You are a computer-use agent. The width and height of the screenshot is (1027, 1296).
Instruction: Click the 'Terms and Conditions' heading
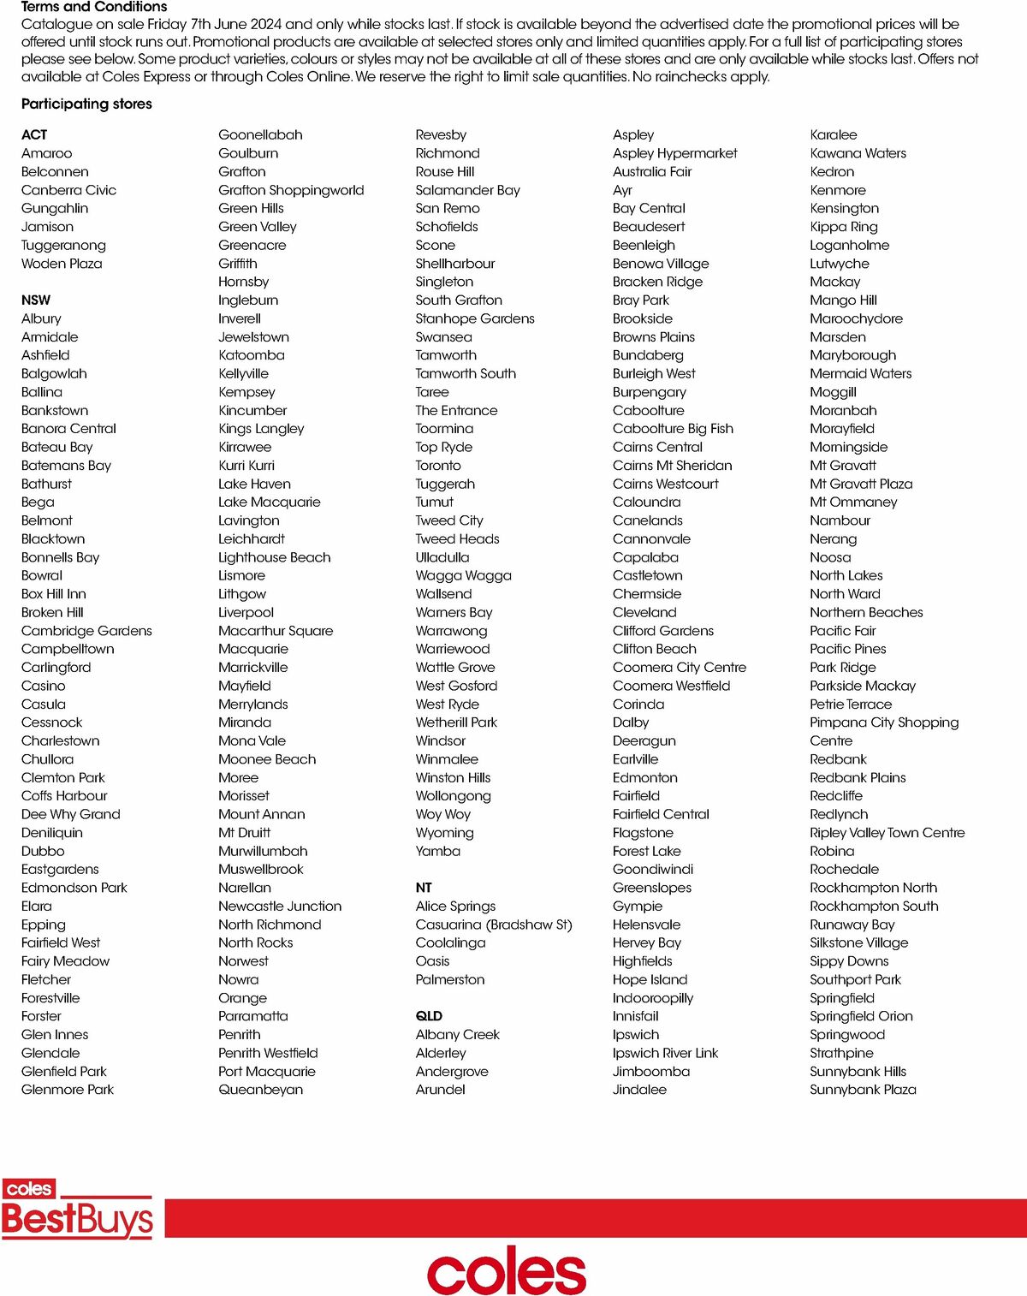pyautogui.click(x=94, y=7)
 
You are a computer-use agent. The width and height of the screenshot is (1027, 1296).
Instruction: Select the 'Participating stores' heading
pyautogui.click(x=86, y=104)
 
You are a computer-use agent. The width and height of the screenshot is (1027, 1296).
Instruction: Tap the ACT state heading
pyautogui.click(x=34, y=134)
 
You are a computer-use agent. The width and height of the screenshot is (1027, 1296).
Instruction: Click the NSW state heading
pyautogui.click(x=36, y=300)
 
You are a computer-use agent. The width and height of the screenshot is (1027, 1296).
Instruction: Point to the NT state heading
pyautogui.click(x=424, y=888)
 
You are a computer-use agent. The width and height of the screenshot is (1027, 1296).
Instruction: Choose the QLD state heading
pyautogui.click(x=429, y=1016)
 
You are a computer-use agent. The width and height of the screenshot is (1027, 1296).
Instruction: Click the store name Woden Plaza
pyautogui.click(x=62, y=264)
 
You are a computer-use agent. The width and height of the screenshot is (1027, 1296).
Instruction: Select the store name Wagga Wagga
pyautogui.click(x=463, y=575)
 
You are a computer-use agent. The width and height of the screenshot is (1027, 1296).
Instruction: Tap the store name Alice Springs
pyautogui.click(x=455, y=906)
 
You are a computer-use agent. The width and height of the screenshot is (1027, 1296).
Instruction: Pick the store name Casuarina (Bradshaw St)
pyautogui.click(x=494, y=924)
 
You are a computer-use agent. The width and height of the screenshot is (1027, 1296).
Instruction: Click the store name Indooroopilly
pyautogui.click(x=653, y=998)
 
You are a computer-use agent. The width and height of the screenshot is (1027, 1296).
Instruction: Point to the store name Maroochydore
pyautogui.click(x=856, y=318)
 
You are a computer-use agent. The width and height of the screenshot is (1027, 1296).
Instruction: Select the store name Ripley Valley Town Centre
pyautogui.click(x=887, y=833)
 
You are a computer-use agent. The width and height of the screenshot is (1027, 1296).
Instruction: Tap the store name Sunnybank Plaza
pyautogui.click(x=863, y=1090)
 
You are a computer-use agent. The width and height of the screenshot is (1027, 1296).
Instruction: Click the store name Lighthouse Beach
pyautogui.click(x=274, y=557)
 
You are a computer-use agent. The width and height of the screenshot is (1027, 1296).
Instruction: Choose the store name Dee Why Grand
pyautogui.click(x=70, y=814)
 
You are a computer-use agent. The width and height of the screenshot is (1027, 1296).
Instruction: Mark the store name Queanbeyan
pyautogui.click(x=260, y=1090)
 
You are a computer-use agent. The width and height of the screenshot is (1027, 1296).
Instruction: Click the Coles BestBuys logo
pyautogui.click(x=77, y=1210)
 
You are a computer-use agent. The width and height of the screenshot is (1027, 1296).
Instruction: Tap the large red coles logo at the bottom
pyautogui.click(x=507, y=1269)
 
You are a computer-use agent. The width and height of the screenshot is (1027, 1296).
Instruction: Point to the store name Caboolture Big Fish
pyautogui.click(x=673, y=429)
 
